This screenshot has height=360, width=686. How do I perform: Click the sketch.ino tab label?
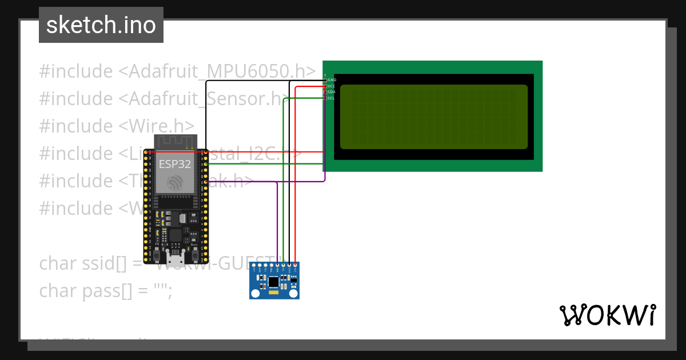[x=101, y=25]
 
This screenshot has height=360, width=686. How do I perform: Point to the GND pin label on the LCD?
[x=332, y=80]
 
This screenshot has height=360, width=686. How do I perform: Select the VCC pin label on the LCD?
[x=331, y=86]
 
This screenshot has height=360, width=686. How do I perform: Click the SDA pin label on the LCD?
[x=331, y=92]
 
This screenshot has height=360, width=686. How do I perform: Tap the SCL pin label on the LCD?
[x=331, y=98]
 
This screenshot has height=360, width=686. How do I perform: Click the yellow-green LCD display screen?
[x=434, y=117]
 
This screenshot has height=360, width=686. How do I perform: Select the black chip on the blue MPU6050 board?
[x=274, y=281]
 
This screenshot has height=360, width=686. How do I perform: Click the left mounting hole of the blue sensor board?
[x=254, y=293]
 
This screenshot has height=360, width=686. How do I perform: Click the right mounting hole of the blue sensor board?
[x=294, y=293]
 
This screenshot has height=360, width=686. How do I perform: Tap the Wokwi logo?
[x=608, y=315]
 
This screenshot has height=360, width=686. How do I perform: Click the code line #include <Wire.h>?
[x=117, y=126]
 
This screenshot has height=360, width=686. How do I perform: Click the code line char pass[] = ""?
[x=105, y=290]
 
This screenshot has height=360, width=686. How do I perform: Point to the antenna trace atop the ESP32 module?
[x=175, y=141]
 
